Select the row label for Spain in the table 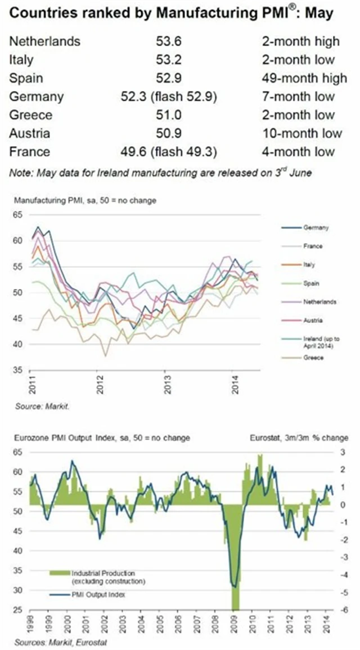coord(26,78)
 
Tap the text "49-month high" coord(300,78)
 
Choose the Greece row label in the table coord(31,115)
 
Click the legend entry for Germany coord(316,228)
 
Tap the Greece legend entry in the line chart coord(313,358)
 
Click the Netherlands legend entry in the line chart coord(319,302)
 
